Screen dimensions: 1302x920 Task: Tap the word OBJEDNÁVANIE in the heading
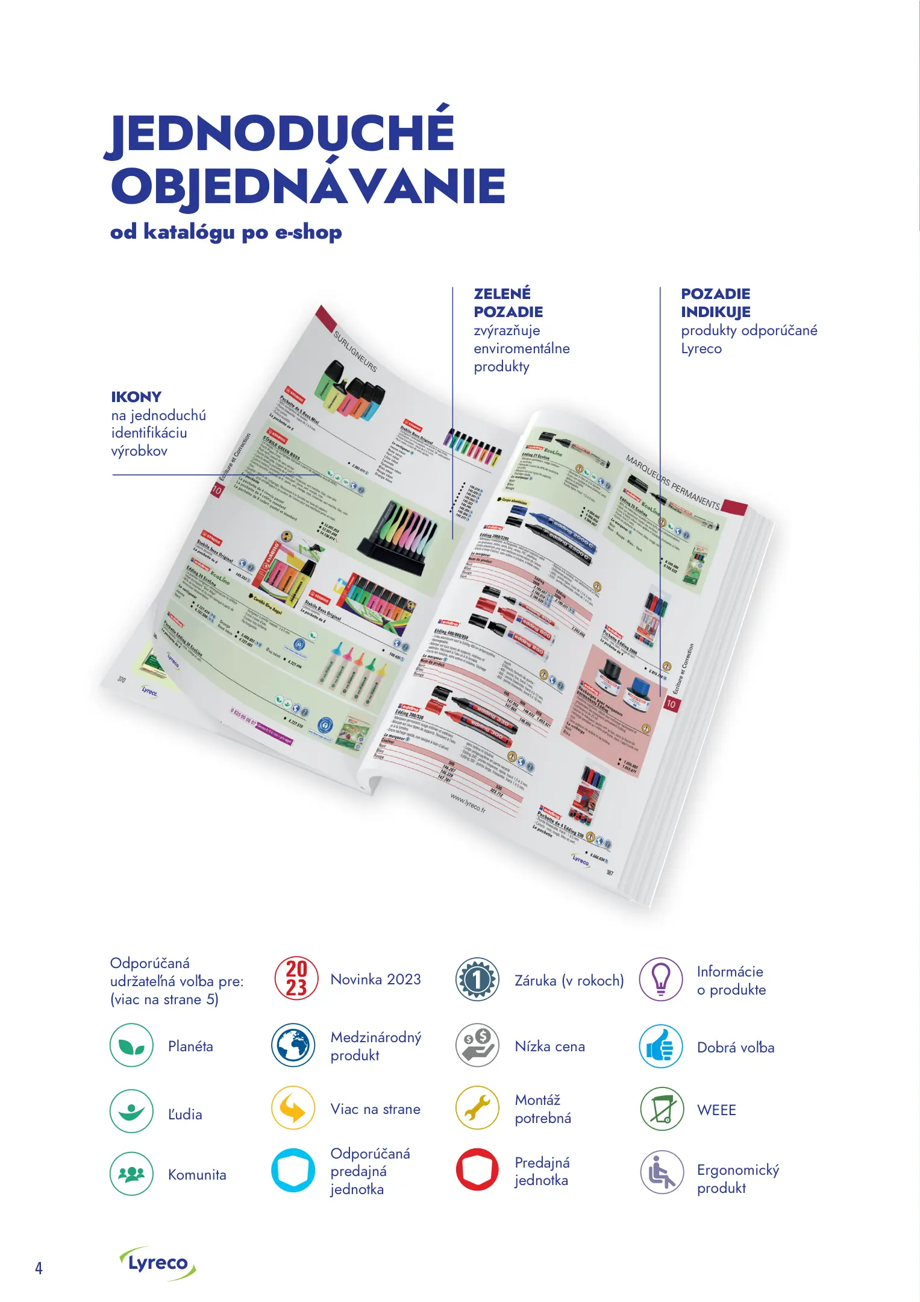coord(308,186)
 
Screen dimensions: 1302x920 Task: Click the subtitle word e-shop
coord(308,233)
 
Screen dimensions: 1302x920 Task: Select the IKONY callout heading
coord(136,397)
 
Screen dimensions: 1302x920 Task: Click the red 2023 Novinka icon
coord(296,978)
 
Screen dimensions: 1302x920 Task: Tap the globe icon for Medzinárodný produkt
coord(293,1045)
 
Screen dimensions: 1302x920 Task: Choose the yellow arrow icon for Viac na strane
coord(293,1108)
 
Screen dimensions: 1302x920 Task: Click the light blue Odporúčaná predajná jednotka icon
coord(293,1171)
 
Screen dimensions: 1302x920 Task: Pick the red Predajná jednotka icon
coord(477,1169)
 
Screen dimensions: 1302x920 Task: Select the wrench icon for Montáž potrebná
coord(477,1108)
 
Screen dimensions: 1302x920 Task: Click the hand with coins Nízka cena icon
coord(477,1045)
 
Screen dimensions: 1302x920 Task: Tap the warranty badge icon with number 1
coord(477,980)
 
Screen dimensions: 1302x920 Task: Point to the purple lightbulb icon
coord(661,980)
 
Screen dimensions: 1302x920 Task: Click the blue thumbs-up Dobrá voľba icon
coord(661,1046)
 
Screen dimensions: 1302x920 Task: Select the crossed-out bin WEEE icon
coord(662,1109)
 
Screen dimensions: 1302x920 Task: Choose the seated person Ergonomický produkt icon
coord(662,1172)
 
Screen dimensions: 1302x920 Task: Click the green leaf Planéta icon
coord(131,1045)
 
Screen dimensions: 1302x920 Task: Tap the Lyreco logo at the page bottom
coord(158,1263)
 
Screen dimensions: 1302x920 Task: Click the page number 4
coord(39,1268)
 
